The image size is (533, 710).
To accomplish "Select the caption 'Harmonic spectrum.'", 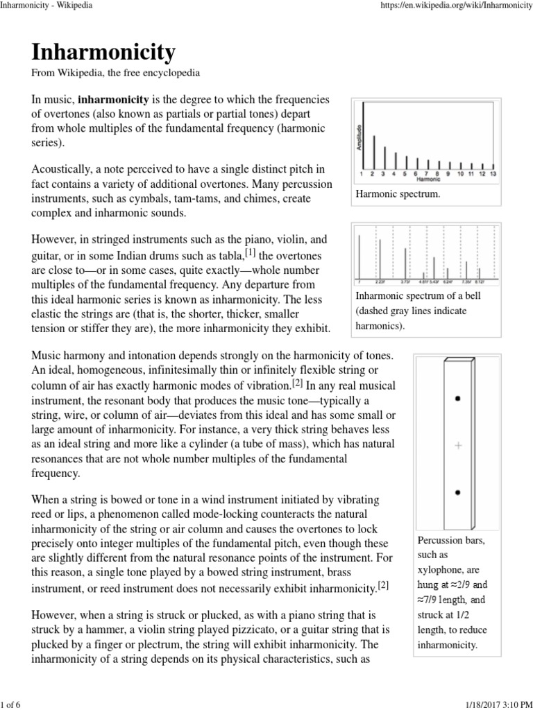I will click(x=398, y=195).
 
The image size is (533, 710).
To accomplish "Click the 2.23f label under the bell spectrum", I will click(x=380, y=283).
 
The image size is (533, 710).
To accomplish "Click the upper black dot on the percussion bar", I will click(x=457, y=398).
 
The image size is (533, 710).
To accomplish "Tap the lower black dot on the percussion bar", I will click(x=457, y=492).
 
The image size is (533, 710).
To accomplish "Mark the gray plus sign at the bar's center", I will click(x=457, y=446).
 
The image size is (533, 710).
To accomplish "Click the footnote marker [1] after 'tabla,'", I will click(x=250, y=252).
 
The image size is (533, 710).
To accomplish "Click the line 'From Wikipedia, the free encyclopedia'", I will click(x=115, y=73).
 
